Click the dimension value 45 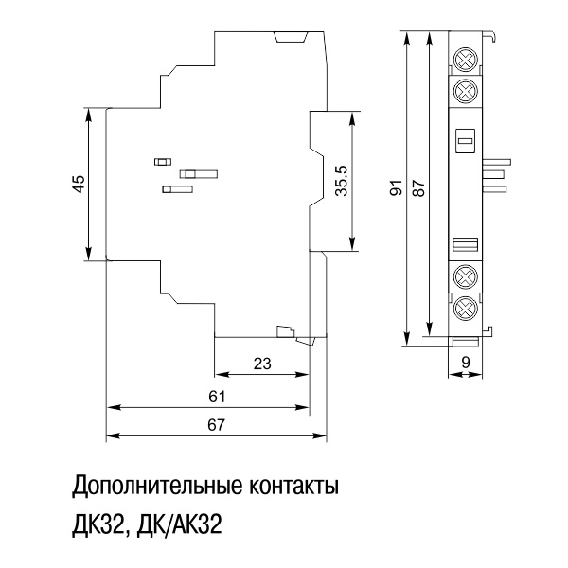[80, 184]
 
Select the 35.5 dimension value [341, 181]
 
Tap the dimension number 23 [262, 363]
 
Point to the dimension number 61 [217, 396]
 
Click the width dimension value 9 [466, 361]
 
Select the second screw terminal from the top [464, 92]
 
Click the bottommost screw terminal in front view [464, 308]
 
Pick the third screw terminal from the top [464, 277]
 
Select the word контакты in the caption [291, 489]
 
